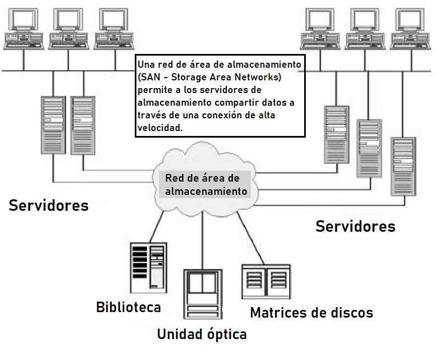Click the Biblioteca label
(128, 307)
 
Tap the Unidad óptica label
(202, 334)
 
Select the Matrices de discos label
(311, 313)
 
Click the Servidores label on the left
(48, 205)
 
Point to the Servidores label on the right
(355, 226)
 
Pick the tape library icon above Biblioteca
(148, 267)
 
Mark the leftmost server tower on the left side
(53, 124)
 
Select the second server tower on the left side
(82, 124)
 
